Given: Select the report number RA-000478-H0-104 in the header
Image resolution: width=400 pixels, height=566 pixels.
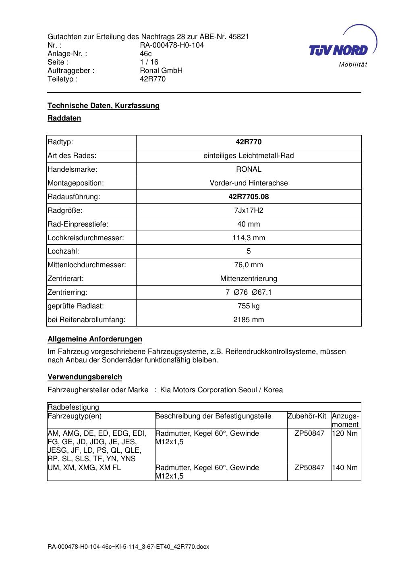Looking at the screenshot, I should coord(172,45).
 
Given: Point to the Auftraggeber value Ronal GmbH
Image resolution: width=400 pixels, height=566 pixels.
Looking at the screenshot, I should coord(161,71).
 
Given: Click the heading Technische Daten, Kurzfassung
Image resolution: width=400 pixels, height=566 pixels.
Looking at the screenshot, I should coord(104,106).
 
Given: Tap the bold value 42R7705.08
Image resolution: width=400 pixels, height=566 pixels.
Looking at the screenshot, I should coord(249,197).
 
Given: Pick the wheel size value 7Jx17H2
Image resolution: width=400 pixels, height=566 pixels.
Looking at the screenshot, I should coord(249,210).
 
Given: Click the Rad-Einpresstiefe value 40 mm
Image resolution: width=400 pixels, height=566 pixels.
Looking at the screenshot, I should coord(249,224).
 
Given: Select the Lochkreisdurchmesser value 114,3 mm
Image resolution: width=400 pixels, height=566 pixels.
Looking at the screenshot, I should coord(249,238).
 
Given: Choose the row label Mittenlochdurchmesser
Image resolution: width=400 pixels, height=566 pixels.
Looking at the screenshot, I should coord(87,265).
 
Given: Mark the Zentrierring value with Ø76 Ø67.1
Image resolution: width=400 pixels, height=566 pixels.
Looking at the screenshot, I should coord(249,292).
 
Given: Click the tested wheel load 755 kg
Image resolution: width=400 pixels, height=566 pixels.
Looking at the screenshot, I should coord(249,306).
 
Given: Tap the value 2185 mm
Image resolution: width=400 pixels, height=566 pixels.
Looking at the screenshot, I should coord(249,320).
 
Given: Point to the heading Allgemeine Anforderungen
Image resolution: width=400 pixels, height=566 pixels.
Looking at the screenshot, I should coord(95,339).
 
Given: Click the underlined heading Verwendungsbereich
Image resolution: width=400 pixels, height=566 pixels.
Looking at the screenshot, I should coord(85,377).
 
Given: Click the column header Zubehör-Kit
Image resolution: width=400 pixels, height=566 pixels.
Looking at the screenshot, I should coord(307,416).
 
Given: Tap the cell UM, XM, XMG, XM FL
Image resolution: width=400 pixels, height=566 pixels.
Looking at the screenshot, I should coord(84,468).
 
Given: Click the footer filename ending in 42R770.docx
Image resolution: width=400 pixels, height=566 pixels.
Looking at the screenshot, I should coord(128,547).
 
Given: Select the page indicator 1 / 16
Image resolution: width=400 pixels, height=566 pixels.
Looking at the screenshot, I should coord(149,62).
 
